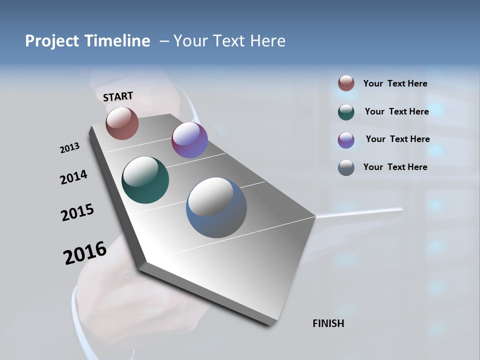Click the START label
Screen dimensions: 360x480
tap(118, 96)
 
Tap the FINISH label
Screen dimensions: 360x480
tap(328, 323)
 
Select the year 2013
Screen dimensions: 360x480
tap(69, 148)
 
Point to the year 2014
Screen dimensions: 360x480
tap(73, 177)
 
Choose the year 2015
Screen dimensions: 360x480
tap(77, 212)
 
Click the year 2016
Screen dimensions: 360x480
tap(85, 253)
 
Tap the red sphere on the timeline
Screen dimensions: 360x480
tap(122, 123)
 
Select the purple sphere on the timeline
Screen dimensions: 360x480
tap(189, 140)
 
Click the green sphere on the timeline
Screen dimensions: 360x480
tap(145, 180)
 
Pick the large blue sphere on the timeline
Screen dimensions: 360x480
tap(216, 207)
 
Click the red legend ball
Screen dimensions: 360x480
tap(346, 83)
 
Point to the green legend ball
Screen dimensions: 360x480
tap(346, 112)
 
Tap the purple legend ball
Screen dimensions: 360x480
tap(346, 140)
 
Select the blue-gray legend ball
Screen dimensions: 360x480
tap(346, 167)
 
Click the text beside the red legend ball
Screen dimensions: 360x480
tap(395, 84)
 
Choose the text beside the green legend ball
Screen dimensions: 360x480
tap(396, 111)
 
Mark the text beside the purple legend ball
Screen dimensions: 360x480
tap(397, 139)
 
